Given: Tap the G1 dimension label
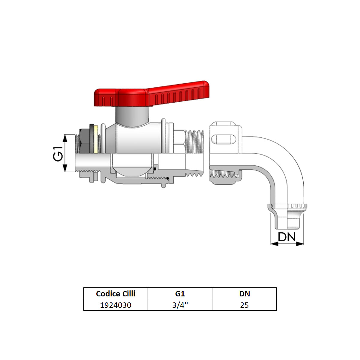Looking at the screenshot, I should tap(59, 153).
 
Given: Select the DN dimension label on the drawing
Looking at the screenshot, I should tap(287, 237).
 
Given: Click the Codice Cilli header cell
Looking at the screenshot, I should tap(115, 293).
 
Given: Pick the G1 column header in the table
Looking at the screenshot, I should tap(180, 293).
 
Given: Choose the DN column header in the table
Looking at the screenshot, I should tap(244, 293).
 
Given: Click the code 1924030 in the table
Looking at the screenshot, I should tap(115, 305).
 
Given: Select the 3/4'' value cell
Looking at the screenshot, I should tap(180, 305).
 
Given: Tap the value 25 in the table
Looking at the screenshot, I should tap(244, 305).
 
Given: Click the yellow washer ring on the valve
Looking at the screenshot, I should tap(96, 139).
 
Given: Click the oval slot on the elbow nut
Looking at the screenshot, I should tap(223, 139).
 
